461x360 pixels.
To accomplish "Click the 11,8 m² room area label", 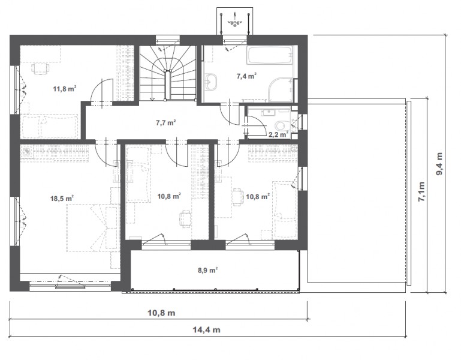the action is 65,88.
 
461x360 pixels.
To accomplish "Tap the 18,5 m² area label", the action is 62,199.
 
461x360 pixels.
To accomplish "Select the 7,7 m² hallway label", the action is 166,122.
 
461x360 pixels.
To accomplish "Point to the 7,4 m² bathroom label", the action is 246,76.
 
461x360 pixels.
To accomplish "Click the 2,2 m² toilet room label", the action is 278,135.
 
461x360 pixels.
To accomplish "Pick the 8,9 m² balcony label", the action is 207,270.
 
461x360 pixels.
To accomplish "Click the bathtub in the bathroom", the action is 270,55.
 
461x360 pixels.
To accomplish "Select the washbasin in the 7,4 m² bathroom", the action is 212,81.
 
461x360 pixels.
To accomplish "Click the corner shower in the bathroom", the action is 281,90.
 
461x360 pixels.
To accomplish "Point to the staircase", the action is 168,73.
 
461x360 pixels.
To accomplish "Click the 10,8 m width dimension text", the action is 161,313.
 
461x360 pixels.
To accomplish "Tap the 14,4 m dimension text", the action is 206,329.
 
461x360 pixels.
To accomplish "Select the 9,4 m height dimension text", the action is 439,164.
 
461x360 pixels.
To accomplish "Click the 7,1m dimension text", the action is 421,191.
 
